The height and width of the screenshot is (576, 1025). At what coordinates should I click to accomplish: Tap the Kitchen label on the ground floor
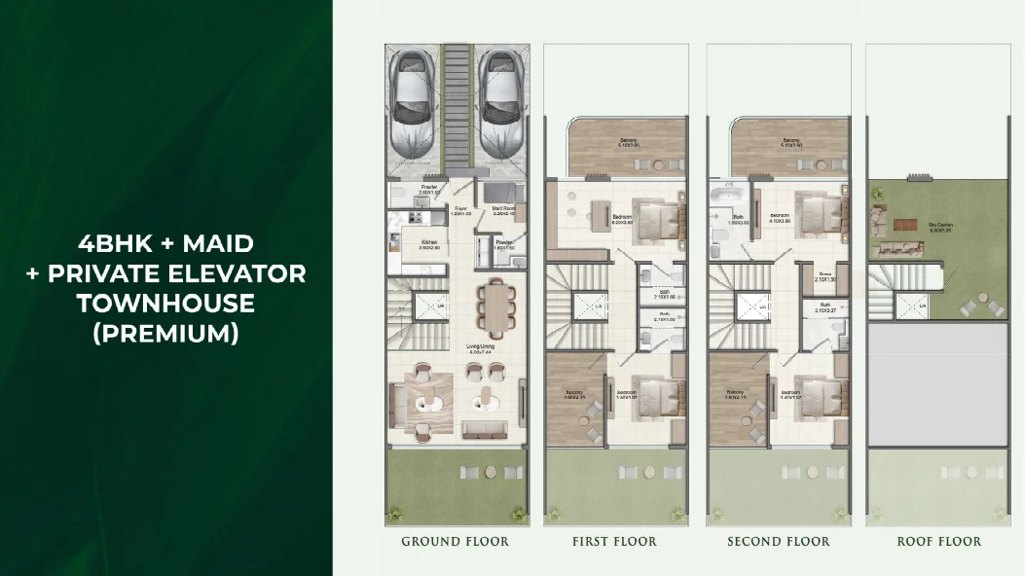pyautogui.click(x=428, y=243)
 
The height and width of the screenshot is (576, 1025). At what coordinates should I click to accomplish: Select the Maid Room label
pyautogui.click(x=503, y=207)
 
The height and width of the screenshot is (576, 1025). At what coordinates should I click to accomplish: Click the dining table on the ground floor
pyautogui.click(x=493, y=307)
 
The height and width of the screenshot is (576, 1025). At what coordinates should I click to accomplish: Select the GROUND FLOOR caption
pyautogui.click(x=455, y=541)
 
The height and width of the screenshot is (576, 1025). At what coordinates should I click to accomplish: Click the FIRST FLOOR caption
pyautogui.click(x=613, y=541)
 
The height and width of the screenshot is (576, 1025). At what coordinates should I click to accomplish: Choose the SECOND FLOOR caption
pyautogui.click(x=778, y=541)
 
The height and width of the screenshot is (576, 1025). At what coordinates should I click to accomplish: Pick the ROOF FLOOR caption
pyautogui.click(x=938, y=541)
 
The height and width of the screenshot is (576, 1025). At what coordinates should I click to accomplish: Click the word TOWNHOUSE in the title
pyautogui.click(x=165, y=303)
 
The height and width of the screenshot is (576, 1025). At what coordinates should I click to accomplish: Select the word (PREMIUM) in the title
pyautogui.click(x=165, y=333)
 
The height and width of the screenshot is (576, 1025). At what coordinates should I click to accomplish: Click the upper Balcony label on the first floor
pyautogui.click(x=627, y=141)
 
